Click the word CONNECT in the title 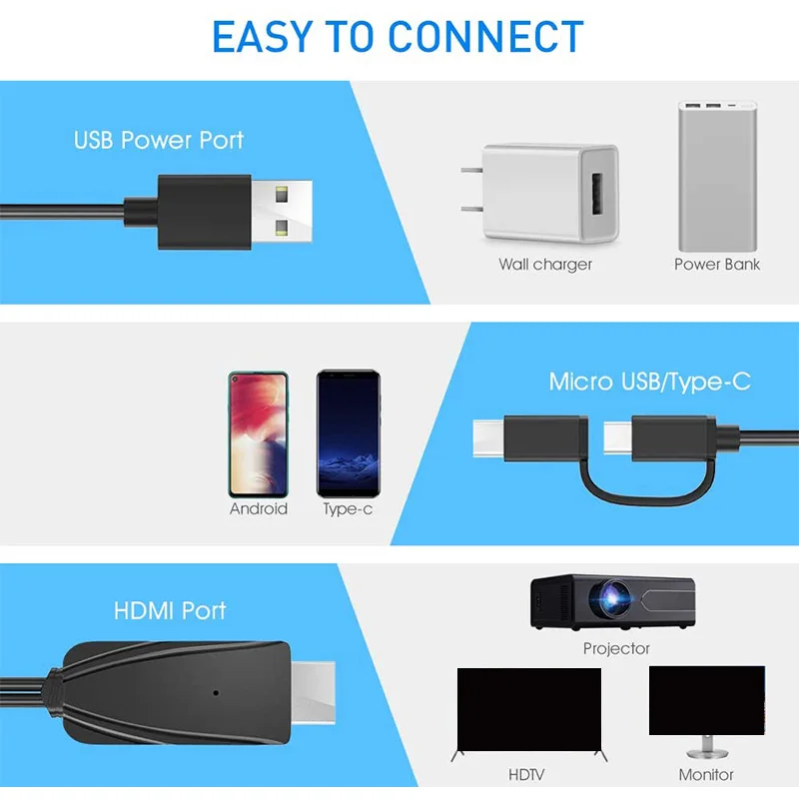[485, 36]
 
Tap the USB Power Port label [158, 140]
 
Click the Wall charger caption [545, 265]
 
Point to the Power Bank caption [717, 265]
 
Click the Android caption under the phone [259, 508]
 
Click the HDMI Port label [170, 610]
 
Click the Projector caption [616, 649]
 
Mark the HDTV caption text [527, 774]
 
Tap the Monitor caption [706, 774]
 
